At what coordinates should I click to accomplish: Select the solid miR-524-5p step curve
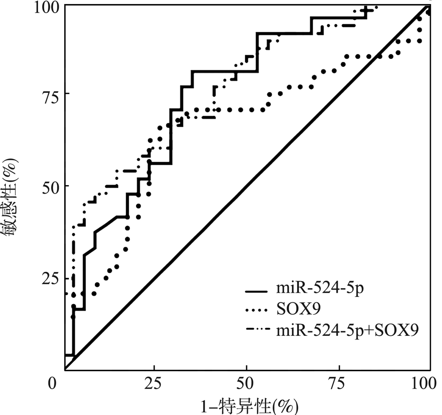pos(221,71)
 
